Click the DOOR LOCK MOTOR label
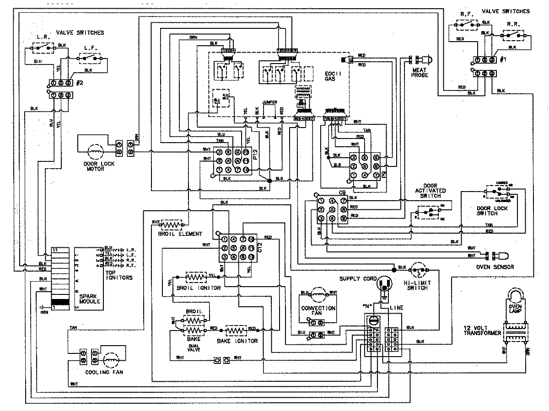[93, 166]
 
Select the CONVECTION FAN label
[318, 311]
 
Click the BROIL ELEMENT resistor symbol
[171, 224]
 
